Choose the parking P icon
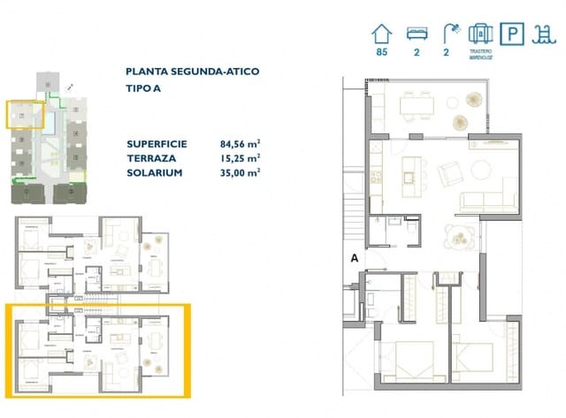point(511,35)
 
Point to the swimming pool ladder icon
point(542,35)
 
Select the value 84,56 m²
point(239,142)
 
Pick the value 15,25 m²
point(239,157)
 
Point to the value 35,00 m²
point(239,172)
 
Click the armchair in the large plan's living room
point(450,171)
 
